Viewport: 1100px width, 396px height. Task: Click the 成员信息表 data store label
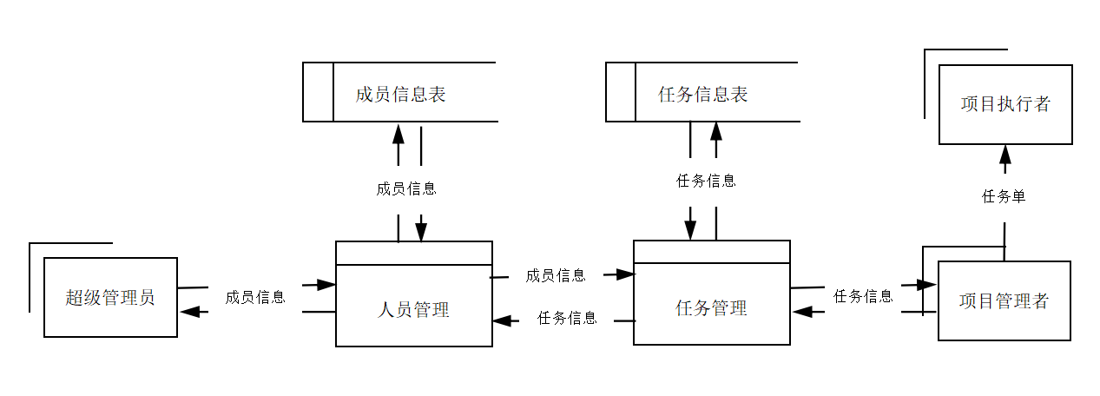400,95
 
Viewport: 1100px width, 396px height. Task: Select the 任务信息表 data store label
703,95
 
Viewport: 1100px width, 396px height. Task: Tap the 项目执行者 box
1005,105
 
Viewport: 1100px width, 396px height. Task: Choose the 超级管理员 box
110,298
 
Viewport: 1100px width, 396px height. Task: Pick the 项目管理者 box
1004,301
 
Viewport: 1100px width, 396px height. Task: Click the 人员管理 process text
414,310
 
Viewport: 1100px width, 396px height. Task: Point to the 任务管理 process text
711,308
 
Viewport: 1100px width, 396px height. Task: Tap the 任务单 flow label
1004,197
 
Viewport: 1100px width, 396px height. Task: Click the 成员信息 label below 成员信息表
406,188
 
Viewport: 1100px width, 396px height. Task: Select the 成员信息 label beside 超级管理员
255,297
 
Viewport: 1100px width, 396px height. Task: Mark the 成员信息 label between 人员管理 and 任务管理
556,275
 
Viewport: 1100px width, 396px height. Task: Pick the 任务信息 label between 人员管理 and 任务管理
567,318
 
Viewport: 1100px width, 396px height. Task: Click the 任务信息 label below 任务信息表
706,181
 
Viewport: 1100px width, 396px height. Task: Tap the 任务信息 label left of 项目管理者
863,296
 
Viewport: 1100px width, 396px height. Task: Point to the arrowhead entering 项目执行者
1005,155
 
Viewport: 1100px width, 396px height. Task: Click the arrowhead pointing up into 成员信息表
399,134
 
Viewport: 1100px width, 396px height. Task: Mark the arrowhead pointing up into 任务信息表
716,131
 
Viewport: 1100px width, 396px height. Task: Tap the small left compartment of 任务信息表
621,92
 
